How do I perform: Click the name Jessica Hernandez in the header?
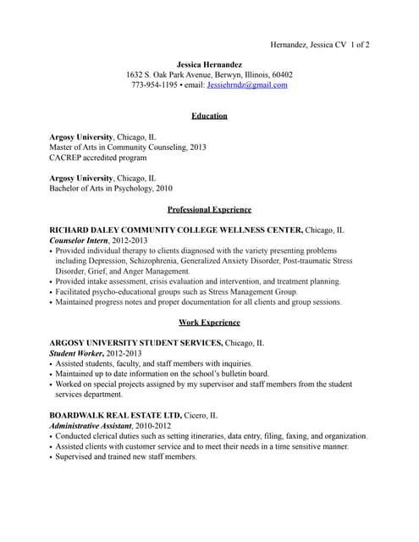(x=209, y=64)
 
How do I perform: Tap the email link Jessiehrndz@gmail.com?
(x=247, y=85)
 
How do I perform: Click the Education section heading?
(x=209, y=116)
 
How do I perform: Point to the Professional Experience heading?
(x=209, y=209)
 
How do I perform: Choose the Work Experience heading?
(x=209, y=323)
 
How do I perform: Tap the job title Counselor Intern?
(x=79, y=241)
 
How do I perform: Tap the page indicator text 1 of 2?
(x=357, y=44)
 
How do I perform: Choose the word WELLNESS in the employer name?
(x=229, y=230)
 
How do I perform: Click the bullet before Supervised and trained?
(x=52, y=457)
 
